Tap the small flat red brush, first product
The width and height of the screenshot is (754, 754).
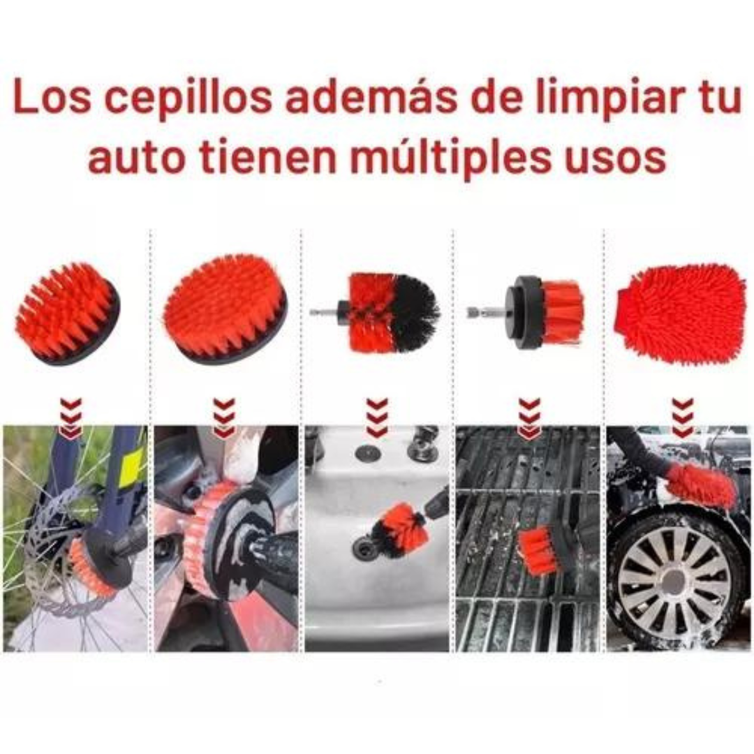[67, 313]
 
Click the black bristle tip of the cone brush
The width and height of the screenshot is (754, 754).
[415, 313]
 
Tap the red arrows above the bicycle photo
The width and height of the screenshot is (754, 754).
[71, 417]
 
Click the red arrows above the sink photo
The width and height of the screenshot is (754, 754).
[377, 417]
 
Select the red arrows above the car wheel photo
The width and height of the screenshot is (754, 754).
[683, 417]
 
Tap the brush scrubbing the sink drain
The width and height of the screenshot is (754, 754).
[397, 529]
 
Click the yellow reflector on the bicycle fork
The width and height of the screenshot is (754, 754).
[131, 464]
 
